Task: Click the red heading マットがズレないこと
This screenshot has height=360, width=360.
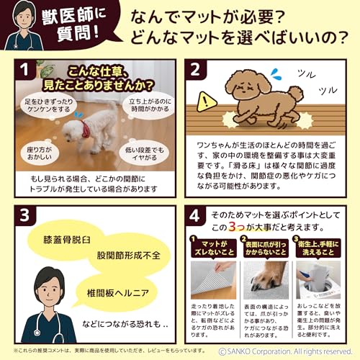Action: (215, 250)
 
